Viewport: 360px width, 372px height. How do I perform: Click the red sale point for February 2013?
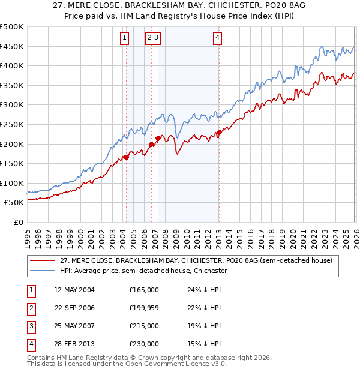click(219, 133)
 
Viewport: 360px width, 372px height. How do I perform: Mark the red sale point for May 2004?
click(126, 158)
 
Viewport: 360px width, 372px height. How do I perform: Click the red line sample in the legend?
click(43, 260)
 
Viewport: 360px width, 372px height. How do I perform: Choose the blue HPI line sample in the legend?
click(43, 271)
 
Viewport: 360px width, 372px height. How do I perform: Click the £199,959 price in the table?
click(144, 308)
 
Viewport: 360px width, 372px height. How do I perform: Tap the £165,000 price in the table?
click(144, 290)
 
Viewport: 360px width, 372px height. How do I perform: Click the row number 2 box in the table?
click(31, 308)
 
